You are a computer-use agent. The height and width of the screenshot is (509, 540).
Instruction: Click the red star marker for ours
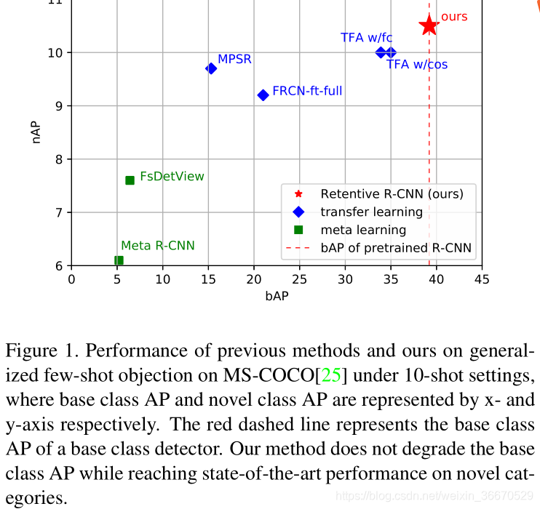pos(429,25)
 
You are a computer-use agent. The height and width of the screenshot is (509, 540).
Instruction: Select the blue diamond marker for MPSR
pos(211,68)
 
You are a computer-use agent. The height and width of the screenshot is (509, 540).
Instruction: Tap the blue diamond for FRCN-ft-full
pos(263,95)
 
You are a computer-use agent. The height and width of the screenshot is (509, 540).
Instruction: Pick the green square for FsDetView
pos(130,180)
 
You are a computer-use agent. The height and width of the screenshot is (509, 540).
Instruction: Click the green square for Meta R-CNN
pos(119,260)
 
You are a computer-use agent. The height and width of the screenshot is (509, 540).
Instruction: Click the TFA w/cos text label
pos(417,65)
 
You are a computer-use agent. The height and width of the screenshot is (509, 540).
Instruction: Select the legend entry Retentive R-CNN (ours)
pos(392,194)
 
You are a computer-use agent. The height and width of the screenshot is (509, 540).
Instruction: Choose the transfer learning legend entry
pos(371,212)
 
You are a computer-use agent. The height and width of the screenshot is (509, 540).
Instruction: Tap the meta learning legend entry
pos(363,230)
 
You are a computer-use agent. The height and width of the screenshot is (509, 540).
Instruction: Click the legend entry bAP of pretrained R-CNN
pos(396,248)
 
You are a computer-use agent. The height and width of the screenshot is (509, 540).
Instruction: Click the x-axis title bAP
pos(277,297)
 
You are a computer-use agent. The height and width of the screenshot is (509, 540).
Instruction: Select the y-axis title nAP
pos(36,132)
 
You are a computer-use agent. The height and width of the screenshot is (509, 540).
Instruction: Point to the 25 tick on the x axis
pos(299,279)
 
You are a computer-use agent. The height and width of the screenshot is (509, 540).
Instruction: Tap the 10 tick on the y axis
pos(57,52)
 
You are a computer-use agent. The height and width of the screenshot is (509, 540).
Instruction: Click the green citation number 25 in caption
pos(331,375)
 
